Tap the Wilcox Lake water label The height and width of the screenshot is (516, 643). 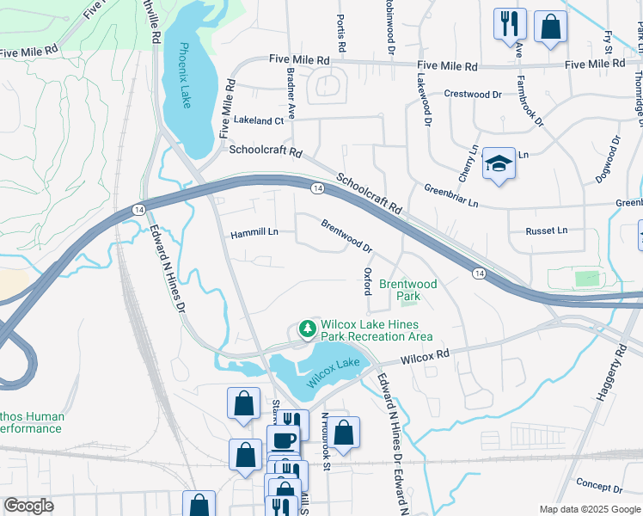[333, 370]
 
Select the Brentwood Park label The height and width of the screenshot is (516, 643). [408, 290]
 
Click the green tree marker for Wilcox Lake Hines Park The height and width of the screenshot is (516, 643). [306, 329]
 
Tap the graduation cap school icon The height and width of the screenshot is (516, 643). [498, 163]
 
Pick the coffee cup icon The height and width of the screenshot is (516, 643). [283, 439]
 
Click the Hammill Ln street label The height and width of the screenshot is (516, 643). [254, 233]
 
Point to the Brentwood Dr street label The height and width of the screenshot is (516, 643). [346, 235]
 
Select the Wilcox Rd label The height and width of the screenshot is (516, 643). [425, 354]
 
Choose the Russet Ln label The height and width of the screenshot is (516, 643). [550, 230]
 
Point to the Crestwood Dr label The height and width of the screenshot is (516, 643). [473, 94]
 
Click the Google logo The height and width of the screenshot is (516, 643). [28, 506]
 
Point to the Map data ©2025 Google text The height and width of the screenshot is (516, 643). [589, 509]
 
